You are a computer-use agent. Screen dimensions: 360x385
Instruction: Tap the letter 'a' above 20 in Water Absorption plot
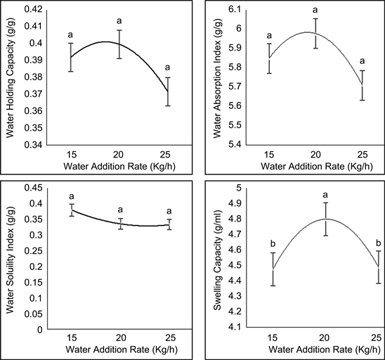(x=315, y=10)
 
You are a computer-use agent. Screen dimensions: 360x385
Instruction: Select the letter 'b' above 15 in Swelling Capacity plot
(x=272, y=243)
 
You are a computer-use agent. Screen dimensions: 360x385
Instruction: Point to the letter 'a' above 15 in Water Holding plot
(x=70, y=34)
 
